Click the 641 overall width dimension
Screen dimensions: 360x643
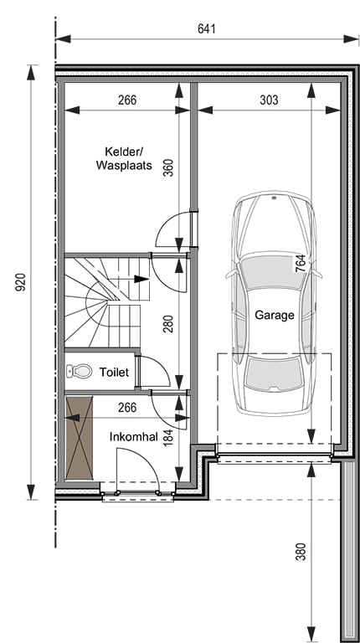pyautogui.click(x=206, y=29)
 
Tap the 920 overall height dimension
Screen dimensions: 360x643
pyautogui.click(x=20, y=282)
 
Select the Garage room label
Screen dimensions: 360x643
pyautogui.click(x=275, y=315)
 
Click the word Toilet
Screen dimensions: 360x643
pyautogui.click(x=114, y=372)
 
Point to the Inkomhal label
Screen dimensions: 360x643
pyautogui.click(x=134, y=437)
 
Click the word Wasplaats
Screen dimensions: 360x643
pyautogui.click(x=124, y=165)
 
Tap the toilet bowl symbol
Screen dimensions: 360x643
pyautogui.click(x=80, y=372)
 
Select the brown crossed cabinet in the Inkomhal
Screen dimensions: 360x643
pyautogui.click(x=80, y=438)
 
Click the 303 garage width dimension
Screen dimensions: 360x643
pyautogui.click(x=269, y=100)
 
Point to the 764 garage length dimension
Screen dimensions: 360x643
pyautogui.click(x=300, y=263)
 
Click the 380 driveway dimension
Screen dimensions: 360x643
pyautogui.click(x=301, y=552)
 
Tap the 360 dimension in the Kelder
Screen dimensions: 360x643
pyautogui.click(x=168, y=167)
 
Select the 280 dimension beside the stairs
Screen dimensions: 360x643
pyautogui.click(x=168, y=323)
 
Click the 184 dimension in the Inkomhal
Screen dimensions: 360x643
pyautogui.click(x=168, y=437)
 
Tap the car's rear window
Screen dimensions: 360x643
pyautogui.click(x=275, y=373)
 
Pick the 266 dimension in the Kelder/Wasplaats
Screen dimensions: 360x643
pyautogui.click(x=127, y=100)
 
